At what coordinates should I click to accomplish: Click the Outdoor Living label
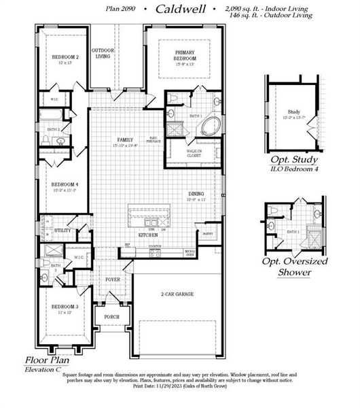click(103, 53)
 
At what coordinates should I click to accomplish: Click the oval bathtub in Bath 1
click(212, 126)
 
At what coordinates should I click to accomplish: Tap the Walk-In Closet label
click(198, 153)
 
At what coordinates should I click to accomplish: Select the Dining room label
click(198, 194)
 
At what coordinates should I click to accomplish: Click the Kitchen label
click(149, 235)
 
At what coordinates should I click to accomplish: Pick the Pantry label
click(208, 233)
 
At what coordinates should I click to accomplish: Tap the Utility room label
click(63, 231)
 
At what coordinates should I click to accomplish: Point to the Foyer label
click(113, 279)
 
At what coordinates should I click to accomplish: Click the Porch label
click(111, 316)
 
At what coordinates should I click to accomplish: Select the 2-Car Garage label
click(178, 294)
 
